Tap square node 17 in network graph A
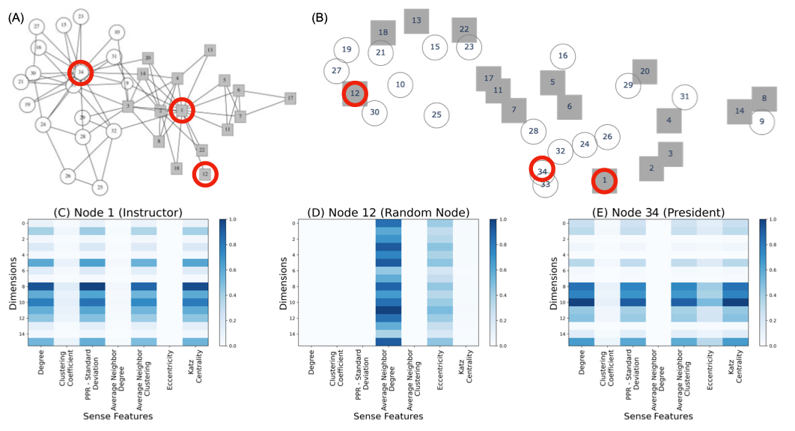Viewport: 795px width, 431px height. pyautogui.click(x=290, y=98)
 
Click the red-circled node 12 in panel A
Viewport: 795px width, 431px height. pyautogui.click(x=205, y=174)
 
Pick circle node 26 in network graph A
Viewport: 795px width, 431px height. pyautogui.click(x=68, y=176)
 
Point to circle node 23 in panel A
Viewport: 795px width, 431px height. pyautogui.click(x=81, y=16)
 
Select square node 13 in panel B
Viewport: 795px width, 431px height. pyautogui.click(x=416, y=20)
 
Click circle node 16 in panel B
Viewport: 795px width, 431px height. pyautogui.click(x=563, y=56)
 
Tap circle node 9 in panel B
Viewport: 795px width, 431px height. pyautogui.click(x=761, y=121)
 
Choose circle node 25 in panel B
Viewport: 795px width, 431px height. pyautogui.click(x=436, y=114)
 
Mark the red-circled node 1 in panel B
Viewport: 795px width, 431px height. pyautogui.click(x=604, y=180)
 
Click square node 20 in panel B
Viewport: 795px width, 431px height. pyautogui.click(x=645, y=71)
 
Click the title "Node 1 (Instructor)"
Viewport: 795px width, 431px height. pyautogui.click(x=118, y=212)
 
